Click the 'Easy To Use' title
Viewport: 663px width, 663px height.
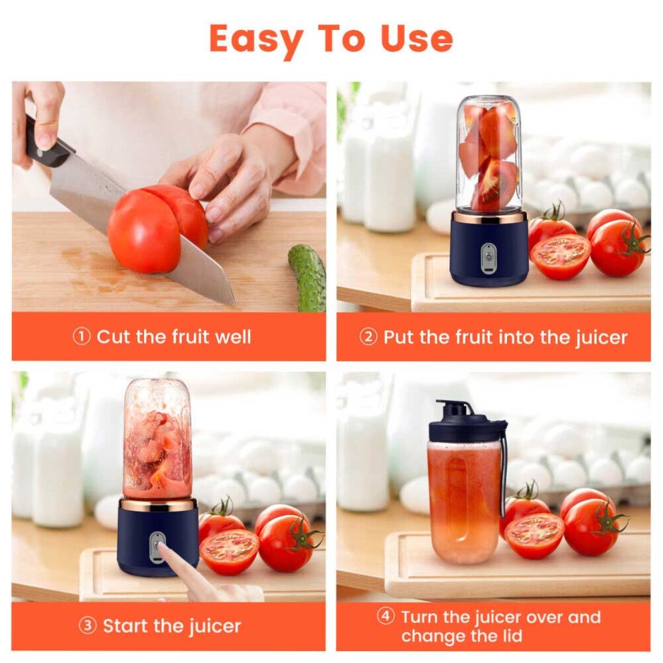pyautogui.click(x=331, y=38)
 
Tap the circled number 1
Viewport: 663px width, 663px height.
pyautogui.click(x=81, y=337)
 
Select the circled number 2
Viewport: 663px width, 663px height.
pyautogui.click(x=368, y=337)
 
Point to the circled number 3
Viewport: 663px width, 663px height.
pyautogui.click(x=88, y=626)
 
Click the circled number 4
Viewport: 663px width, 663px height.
pyautogui.click(x=386, y=617)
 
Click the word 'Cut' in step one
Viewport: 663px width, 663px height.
pyautogui.click(x=113, y=337)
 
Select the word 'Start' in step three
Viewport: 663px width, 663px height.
pyautogui.click(x=127, y=626)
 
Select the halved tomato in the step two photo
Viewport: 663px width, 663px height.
pyautogui.click(x=561, y=256)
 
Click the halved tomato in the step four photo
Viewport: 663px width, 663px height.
pyautogui.click(x=534, y=535)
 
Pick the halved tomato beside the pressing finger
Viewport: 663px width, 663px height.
pyautogui.click(x=229, y=551)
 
